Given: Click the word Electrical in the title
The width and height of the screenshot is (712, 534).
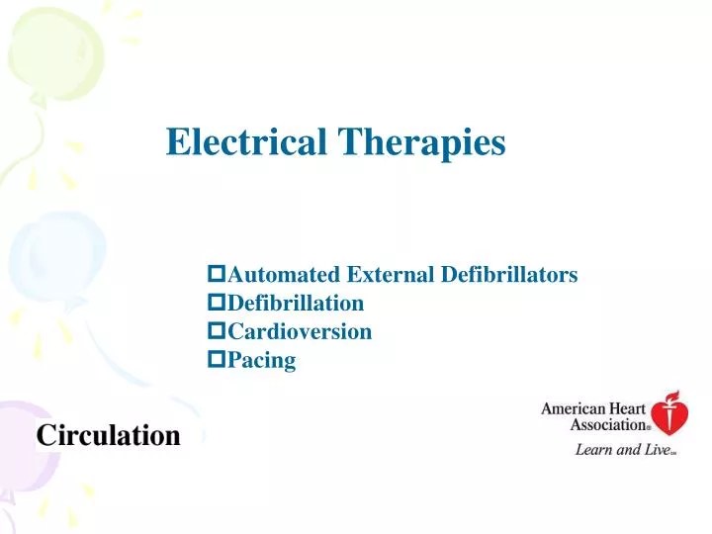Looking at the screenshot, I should tap(248, 142).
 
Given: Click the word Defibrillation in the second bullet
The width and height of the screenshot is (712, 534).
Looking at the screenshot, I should tap(296, 303).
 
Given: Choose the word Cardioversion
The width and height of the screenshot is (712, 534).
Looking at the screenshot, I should tap(300, 331).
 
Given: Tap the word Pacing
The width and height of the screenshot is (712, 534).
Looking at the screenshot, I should tap(262, 360).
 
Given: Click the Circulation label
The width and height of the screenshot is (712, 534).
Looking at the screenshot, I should tap(109, 435).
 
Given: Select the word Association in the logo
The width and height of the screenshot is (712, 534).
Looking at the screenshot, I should tap(607, 424).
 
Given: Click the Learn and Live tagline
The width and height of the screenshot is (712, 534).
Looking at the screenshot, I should tap(624, 450).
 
